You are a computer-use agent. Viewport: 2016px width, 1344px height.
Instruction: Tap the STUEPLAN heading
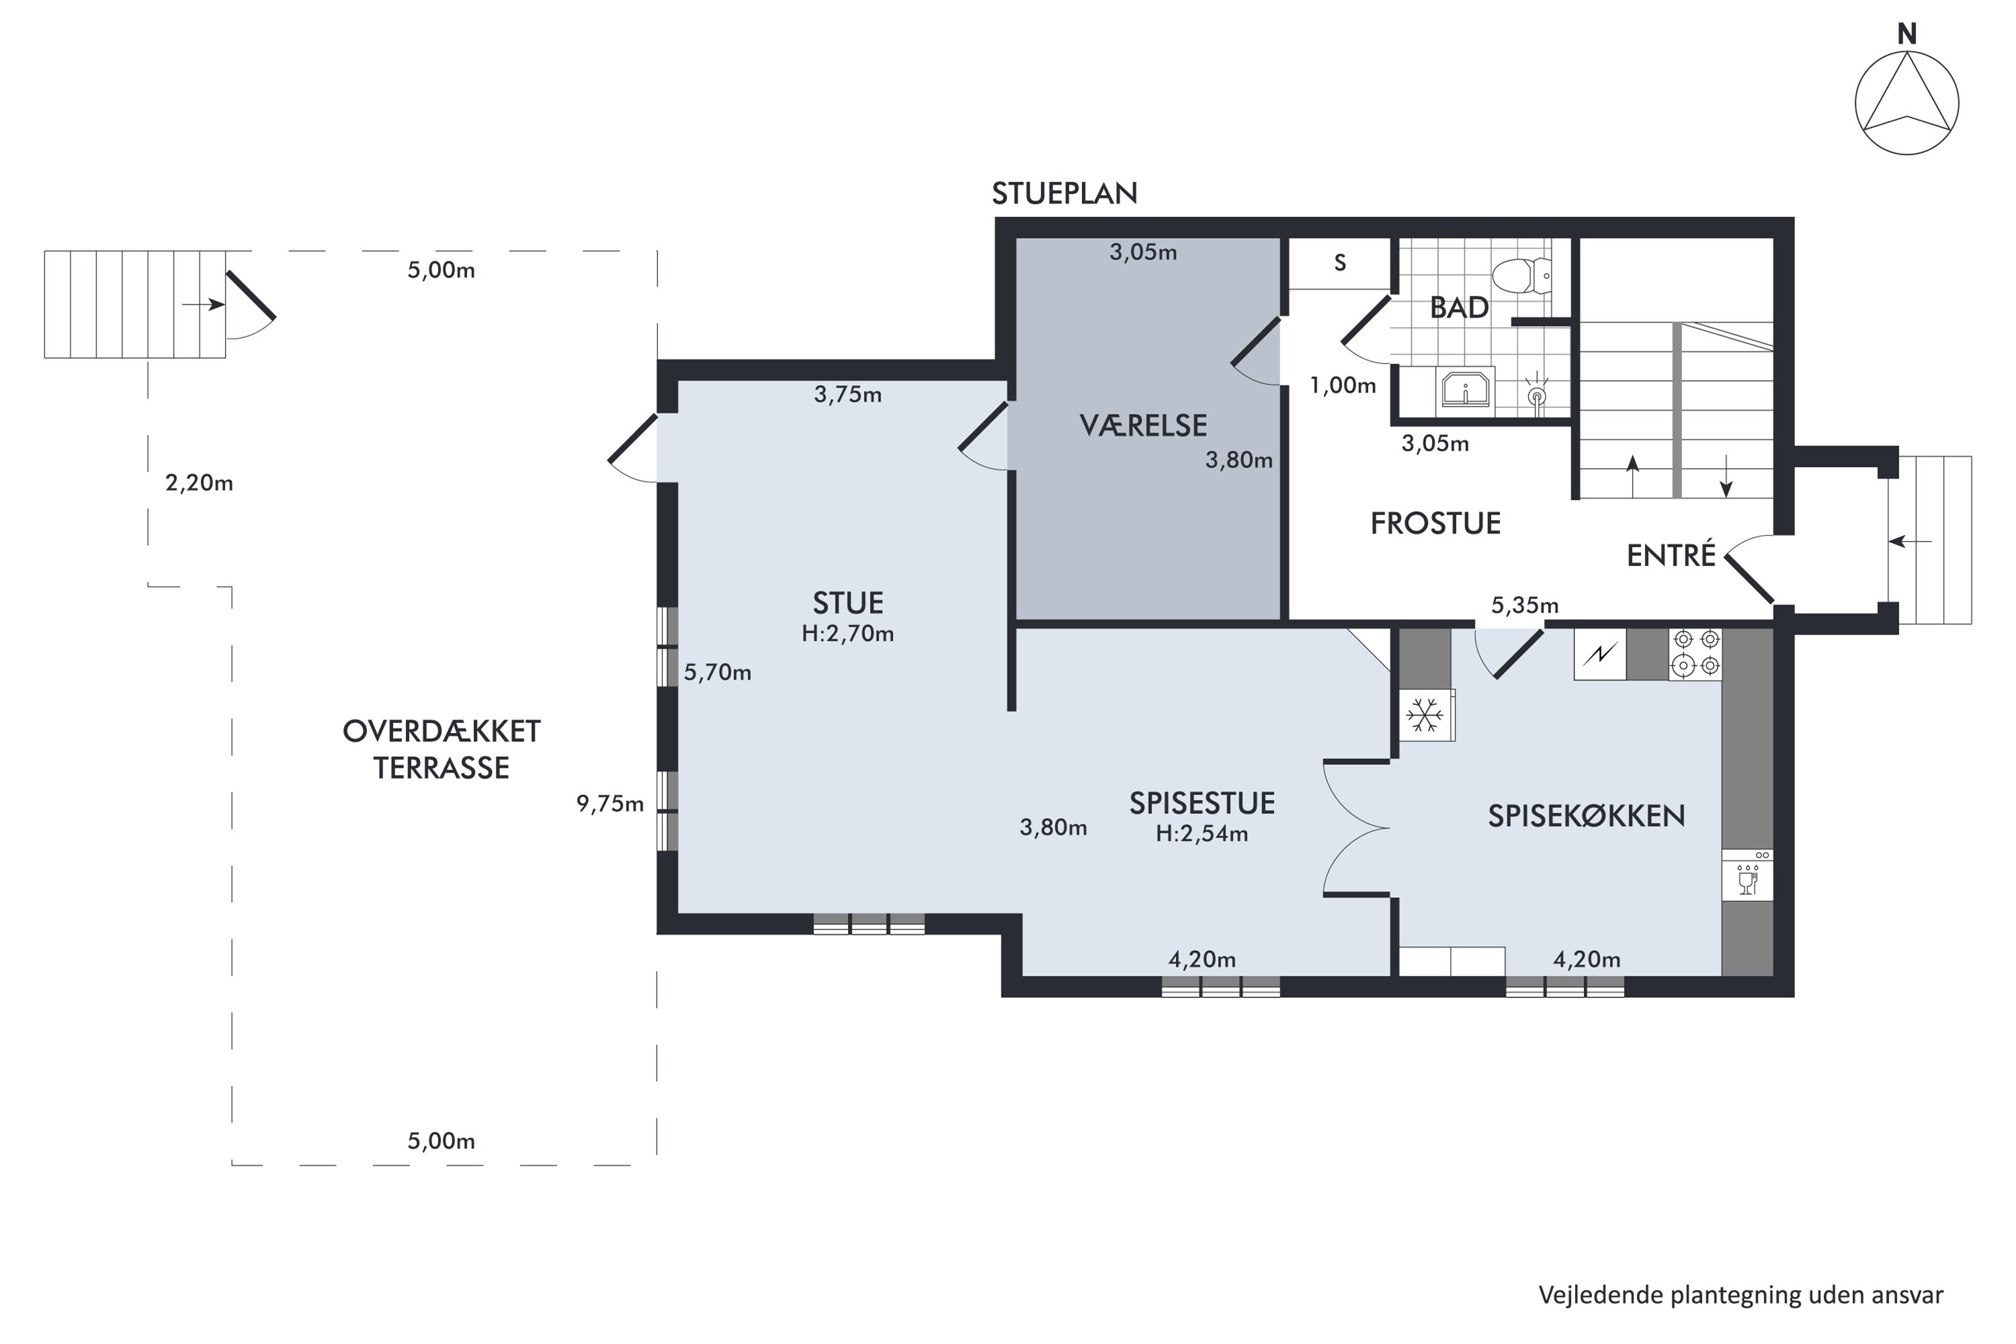pos(1064,194)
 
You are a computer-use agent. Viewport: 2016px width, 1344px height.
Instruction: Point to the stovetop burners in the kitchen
pos(1695,653)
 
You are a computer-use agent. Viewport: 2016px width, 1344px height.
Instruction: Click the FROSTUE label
pos(1435,523)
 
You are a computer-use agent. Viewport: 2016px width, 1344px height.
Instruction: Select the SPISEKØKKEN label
pos(1587,816)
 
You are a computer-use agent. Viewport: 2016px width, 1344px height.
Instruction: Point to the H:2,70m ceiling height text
pos(847,634)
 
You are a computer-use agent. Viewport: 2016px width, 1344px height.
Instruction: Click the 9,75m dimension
pos(610,804)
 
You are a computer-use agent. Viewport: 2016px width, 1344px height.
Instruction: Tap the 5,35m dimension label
pos(1525,606)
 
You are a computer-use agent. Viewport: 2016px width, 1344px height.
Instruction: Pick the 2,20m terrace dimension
pos(199,483)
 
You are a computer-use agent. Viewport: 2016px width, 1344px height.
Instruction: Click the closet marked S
pos(1340,263)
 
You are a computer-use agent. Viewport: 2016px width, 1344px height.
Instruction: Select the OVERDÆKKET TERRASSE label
pos(442,749)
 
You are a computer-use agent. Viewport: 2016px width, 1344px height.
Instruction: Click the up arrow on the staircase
pos(1632,476)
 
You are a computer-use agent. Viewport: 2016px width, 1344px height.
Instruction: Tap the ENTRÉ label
pos(1671,556)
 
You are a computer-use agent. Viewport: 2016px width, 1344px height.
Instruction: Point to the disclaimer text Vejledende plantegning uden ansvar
pos(1741,1295)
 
